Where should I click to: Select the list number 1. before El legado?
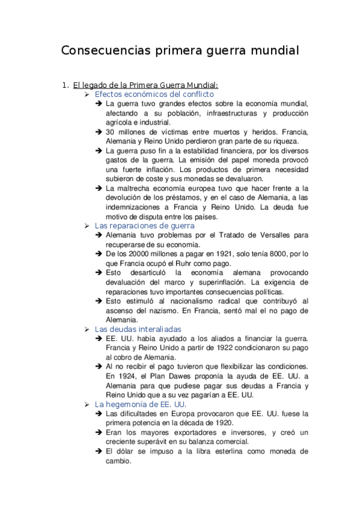pyautogui.click(x=66, y=85)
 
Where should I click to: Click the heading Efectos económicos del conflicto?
pyautogui.click(x=154, y=94)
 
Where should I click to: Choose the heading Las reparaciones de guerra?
pyautogui.click(x=145, y=226)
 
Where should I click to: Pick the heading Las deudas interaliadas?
pyautogui.click(x=138, y=329)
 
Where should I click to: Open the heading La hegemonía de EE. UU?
pyautogui.click(x=141, y=404)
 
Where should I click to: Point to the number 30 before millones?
pyautogui.click(x=110, y=132)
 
